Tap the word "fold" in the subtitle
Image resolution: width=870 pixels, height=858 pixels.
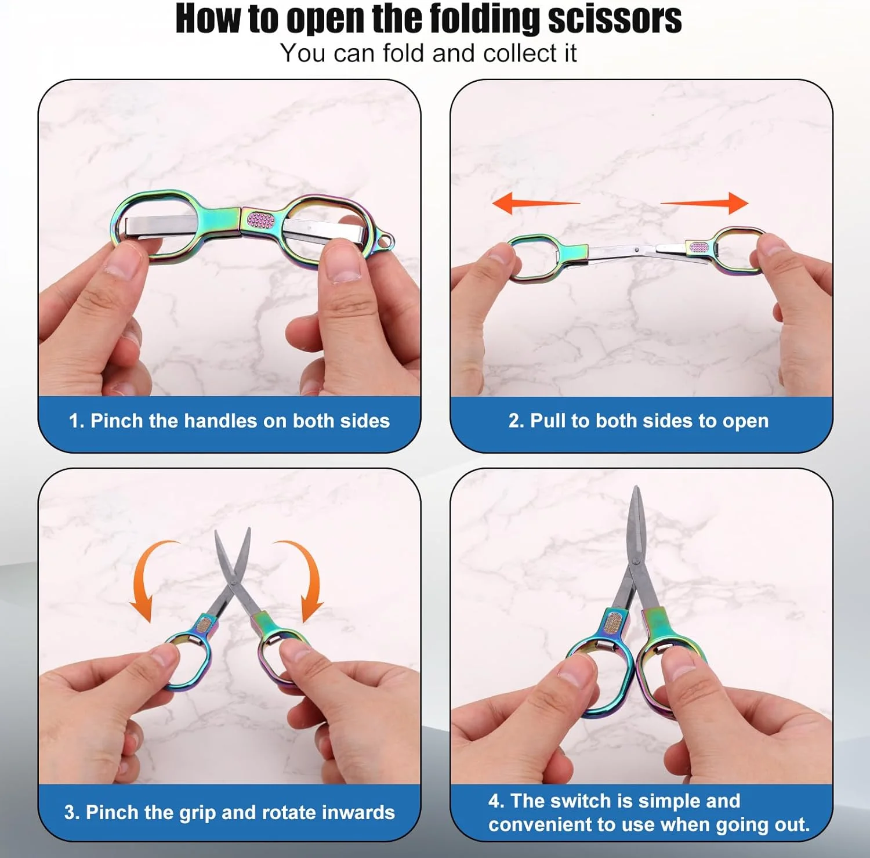[x=405, y=53]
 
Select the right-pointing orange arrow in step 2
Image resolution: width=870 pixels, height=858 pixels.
[x=704, y=203]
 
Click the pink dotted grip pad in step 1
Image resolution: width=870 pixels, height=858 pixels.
[x=260, y=220]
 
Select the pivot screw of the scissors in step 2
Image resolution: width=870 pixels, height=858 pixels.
[x=638, y=250]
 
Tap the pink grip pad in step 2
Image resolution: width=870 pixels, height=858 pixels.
[x=699, y=248]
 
